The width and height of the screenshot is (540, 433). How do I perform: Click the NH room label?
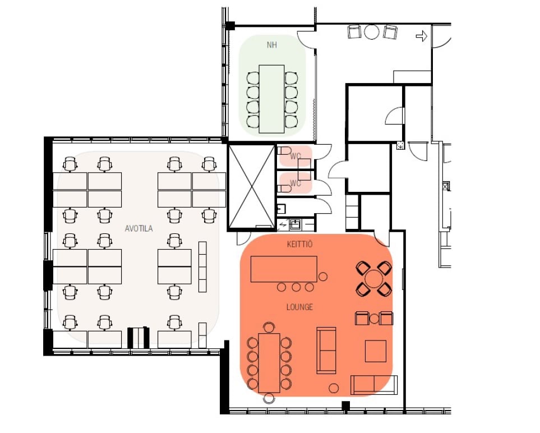point(272,45)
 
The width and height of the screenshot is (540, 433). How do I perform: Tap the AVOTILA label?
point(139,228)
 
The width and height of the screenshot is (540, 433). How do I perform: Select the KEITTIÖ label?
point(299,244)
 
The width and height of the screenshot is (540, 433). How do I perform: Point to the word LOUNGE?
point(299,307)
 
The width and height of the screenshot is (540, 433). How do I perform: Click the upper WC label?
point(296,156)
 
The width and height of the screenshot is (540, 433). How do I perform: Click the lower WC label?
point(296,183)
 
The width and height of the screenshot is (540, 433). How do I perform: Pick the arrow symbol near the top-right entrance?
point(422,36)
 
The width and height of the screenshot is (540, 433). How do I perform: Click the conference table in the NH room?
point(272,99)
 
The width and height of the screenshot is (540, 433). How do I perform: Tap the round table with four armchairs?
point(374,279)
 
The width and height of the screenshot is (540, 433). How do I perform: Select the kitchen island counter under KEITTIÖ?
point(284,269)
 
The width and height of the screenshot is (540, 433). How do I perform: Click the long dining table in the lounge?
point(269,363)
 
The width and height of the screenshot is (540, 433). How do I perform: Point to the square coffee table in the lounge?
point(375,351)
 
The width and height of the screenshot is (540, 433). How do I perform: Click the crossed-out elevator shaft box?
point(251,187)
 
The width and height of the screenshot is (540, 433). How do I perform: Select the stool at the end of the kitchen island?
point(322,277)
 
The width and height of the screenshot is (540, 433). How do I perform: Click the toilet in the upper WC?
point(284,150)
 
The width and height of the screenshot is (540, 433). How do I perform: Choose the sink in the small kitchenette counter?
point(296,225)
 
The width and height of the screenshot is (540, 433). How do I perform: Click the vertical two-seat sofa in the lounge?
point(326,350)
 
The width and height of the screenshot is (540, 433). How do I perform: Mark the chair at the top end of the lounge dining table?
point(269,327)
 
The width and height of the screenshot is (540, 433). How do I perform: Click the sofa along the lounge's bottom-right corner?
point(374,385)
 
